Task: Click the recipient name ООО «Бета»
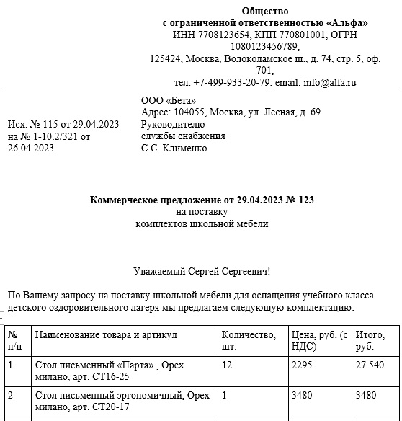(168, 100)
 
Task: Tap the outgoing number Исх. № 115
(40, 124)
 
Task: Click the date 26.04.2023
(31, 149)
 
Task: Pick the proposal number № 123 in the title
(300, 199)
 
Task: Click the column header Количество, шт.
(249, 340)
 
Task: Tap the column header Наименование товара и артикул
(106, 335)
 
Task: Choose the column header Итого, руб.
(371, 340)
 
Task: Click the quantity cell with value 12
(227, 365)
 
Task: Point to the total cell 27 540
(372, 365)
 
